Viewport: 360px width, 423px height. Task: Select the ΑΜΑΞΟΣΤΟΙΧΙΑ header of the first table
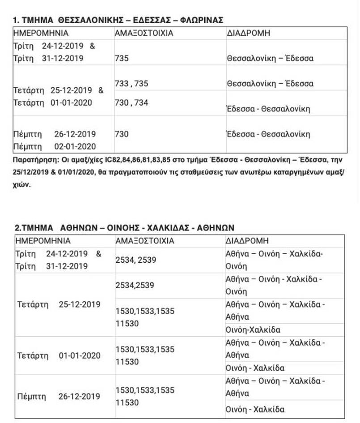[x=144, y=34]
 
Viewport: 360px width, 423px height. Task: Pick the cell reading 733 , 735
[x=131, y=84]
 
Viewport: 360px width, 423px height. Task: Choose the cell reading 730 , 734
[x=131, y=103]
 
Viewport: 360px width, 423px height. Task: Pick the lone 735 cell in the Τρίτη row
[x=122, y=58]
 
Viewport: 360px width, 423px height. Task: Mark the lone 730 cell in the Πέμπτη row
[x=122, y=134]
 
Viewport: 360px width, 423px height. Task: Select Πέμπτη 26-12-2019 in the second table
[x=58, y=396]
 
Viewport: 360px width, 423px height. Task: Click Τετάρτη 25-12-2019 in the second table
[x=58, y=304]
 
